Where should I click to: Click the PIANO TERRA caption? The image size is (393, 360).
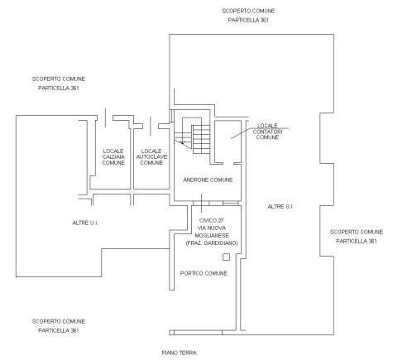click(180, 353)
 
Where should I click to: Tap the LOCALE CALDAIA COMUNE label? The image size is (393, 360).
click(113, 157)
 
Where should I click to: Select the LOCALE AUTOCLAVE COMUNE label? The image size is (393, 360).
click(151, 157)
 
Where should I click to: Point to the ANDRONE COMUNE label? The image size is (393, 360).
click(208, 180)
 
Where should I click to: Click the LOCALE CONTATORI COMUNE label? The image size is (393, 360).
click(267, 132)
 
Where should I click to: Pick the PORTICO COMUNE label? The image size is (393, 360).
click(204, 273)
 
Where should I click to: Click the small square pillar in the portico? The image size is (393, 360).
click(226, 257)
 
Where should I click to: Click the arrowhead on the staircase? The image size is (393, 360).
click(182, 142)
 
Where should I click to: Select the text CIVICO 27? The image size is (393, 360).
click(211, 221)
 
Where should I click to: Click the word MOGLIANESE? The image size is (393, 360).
click(212, 236)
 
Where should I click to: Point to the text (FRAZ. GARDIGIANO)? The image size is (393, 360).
click(212, 243)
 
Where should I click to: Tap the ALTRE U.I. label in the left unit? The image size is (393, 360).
click(85, 223)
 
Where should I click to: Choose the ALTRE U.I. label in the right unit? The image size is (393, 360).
click(280, 207)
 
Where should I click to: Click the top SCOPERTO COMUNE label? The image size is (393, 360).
click(248, 11)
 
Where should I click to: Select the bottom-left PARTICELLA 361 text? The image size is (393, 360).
click(59, 330)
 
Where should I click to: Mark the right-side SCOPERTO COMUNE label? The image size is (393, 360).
click(357, 232)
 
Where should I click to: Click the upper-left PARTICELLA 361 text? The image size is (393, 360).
click(59, 89)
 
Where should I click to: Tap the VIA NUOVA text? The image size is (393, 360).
click(212, 228)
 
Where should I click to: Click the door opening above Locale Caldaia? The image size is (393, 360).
click(105, 118)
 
